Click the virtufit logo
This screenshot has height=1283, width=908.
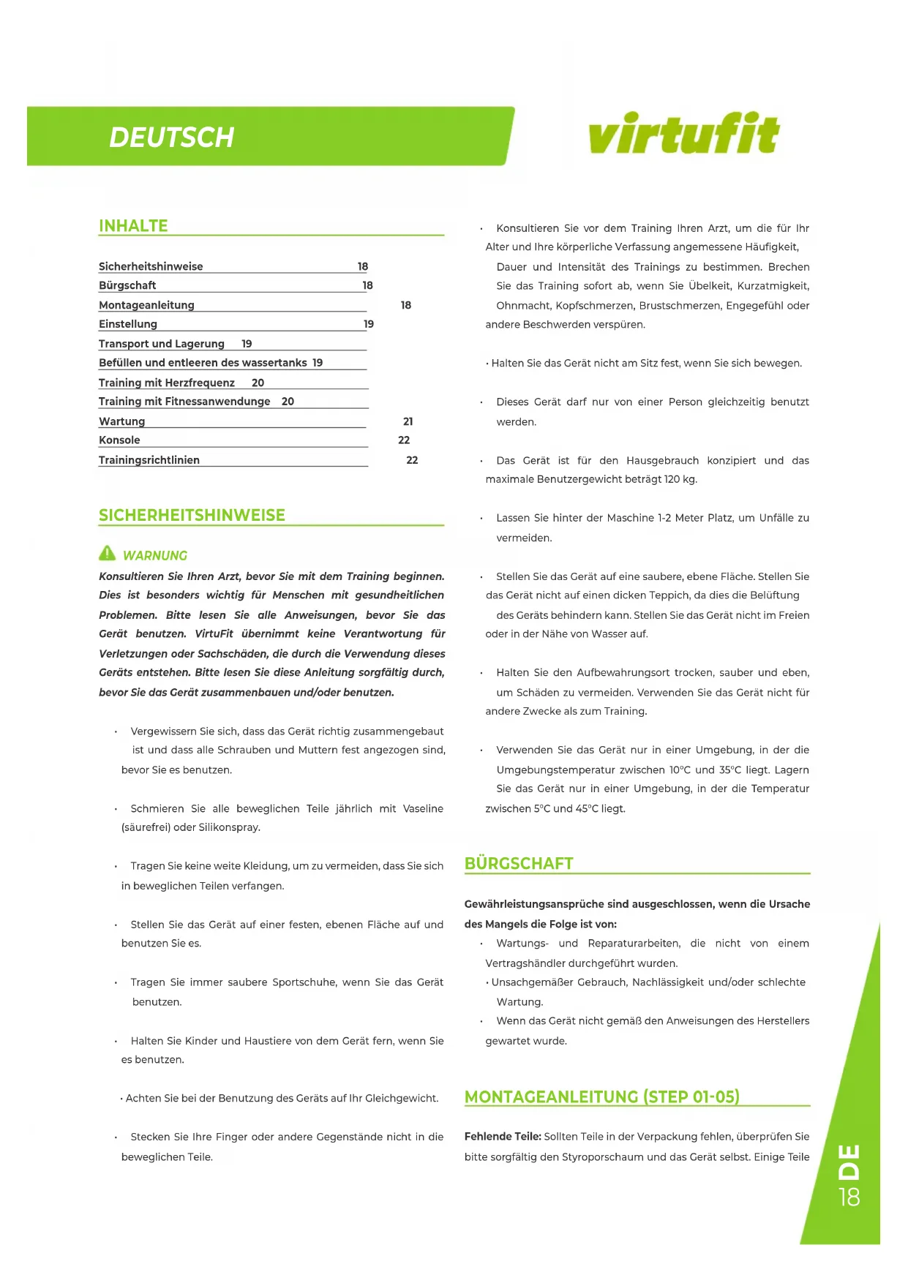coord(683,133)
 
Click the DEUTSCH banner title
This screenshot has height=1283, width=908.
coord(171,138)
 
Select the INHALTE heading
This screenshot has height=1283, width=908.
coord(133,226)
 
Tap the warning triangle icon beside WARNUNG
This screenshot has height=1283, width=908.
coord(108,554)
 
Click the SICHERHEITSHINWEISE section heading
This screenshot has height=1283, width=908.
coord(192,515)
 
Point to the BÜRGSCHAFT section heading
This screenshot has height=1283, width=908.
coord(519,864)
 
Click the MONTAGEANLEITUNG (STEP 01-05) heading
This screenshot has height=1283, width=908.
coord(601,1097)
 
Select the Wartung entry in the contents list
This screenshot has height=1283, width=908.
coord(122,421)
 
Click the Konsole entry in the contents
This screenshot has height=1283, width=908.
coord(119,440)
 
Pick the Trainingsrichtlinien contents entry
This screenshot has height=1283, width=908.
coord(149,460)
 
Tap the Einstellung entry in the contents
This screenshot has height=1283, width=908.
coord(128,324)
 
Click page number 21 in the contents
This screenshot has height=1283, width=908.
coord(408,421)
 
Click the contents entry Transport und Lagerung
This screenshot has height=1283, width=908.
coord(162,344)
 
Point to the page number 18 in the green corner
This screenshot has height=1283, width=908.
coord(849,1197)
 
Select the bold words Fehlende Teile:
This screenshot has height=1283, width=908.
coord(503,1137)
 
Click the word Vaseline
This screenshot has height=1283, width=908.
coord(423,809)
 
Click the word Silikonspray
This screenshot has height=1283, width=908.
coord(230,828)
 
